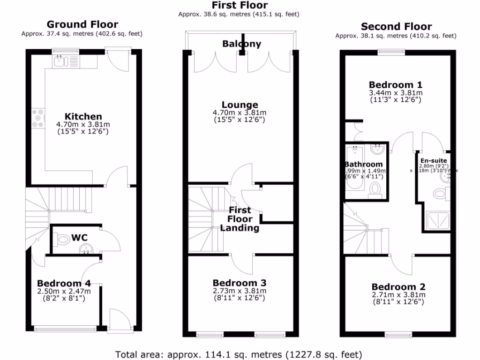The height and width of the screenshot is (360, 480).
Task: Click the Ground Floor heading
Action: click(82, 24)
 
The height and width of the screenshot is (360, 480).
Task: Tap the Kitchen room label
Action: click(83, 116)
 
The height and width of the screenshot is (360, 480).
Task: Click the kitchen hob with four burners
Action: click(37, 118)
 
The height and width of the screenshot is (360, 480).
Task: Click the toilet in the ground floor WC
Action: click(60, 239)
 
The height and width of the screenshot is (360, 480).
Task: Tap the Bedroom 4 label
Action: click(64, 283)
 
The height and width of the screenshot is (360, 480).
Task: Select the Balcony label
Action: click(241, 44)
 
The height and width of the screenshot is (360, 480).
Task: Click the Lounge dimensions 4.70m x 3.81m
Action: click(240, 112)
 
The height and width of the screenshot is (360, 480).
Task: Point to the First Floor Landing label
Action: click(240, 219)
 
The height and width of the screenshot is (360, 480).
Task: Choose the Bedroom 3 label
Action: click(240, 283)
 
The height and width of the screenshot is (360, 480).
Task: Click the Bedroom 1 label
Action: click(396, 85)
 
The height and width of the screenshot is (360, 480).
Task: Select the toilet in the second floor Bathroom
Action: click(375, 188)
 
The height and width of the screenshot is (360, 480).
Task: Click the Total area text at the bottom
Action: click(239, 354)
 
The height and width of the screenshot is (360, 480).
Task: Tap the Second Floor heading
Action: click(396, 27)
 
